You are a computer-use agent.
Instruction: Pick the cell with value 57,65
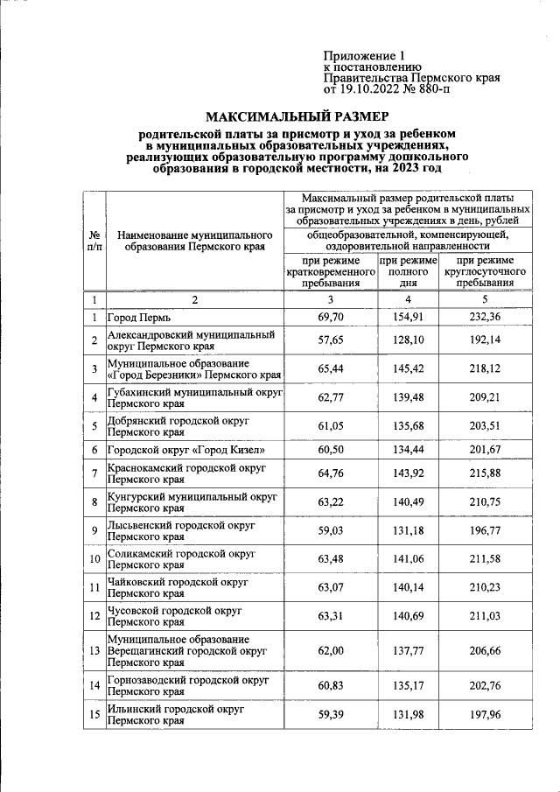(329, 340)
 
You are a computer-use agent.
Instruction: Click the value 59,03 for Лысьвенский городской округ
(329, 531)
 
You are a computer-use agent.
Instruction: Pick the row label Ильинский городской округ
(175, 714)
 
